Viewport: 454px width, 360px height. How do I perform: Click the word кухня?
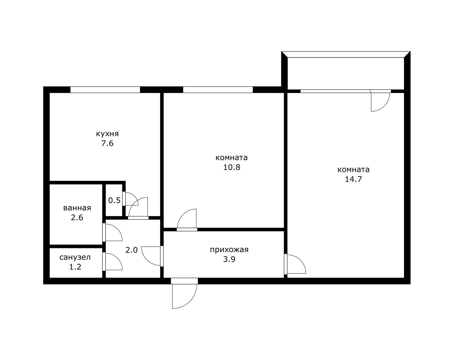point(107,134)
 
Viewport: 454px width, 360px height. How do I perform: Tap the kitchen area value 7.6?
point(108,144)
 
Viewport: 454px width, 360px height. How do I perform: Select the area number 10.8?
point(232,167)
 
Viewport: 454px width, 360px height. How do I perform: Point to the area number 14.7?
point(354,179)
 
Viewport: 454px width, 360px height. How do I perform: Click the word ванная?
point(77,208)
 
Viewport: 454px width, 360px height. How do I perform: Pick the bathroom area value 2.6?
point(77,217)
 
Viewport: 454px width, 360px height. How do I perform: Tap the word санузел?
point(75,257)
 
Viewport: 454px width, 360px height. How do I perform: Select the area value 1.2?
point(75,267)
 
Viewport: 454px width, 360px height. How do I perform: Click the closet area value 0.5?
point(114,200)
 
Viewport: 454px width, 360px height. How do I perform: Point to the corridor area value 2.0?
point(131,250)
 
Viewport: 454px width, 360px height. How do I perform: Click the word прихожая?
point(229,250)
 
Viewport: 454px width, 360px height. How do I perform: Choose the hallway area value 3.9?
point(229,259)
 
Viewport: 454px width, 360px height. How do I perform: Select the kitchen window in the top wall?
point(105,90)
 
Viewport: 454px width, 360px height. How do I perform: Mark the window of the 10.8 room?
point(218,90)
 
